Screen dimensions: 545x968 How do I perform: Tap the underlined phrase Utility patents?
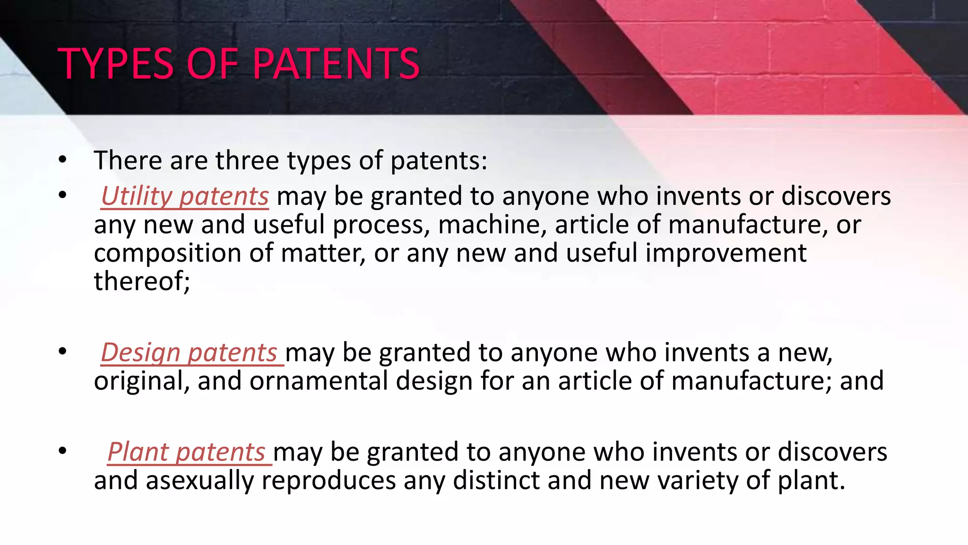[x=185, y=196]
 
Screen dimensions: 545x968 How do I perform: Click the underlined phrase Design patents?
[x=189, y=353]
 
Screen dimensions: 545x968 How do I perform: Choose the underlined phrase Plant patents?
[x=186, y=452]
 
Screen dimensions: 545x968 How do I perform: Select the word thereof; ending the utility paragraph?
[x=142, y=281]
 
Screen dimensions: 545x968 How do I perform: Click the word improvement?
[x=726, y=253]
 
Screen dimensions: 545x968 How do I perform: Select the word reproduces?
[x=328, y=481]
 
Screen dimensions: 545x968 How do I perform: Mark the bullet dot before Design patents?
[x=62, y=352]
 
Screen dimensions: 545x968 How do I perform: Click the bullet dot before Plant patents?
[x=62, y=451]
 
